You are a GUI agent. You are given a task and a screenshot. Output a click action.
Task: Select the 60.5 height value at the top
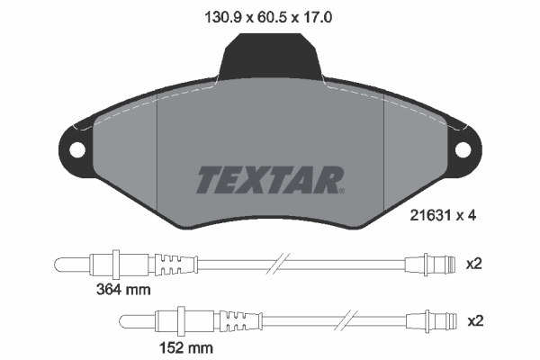click(271, 15)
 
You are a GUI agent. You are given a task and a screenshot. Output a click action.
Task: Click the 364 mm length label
click(123, 289)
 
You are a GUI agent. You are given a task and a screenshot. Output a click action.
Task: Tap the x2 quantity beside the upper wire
click(473, 264)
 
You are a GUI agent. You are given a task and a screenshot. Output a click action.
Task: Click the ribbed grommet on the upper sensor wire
click(176, 264)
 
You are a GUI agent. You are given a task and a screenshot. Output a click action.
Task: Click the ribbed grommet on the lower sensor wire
click(240, 321)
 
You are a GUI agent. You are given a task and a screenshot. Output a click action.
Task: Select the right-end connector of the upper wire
click(430, 264)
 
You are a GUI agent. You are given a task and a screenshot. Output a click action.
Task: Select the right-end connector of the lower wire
click(430, 321)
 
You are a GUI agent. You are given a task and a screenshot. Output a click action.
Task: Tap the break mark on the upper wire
click(280, 264)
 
